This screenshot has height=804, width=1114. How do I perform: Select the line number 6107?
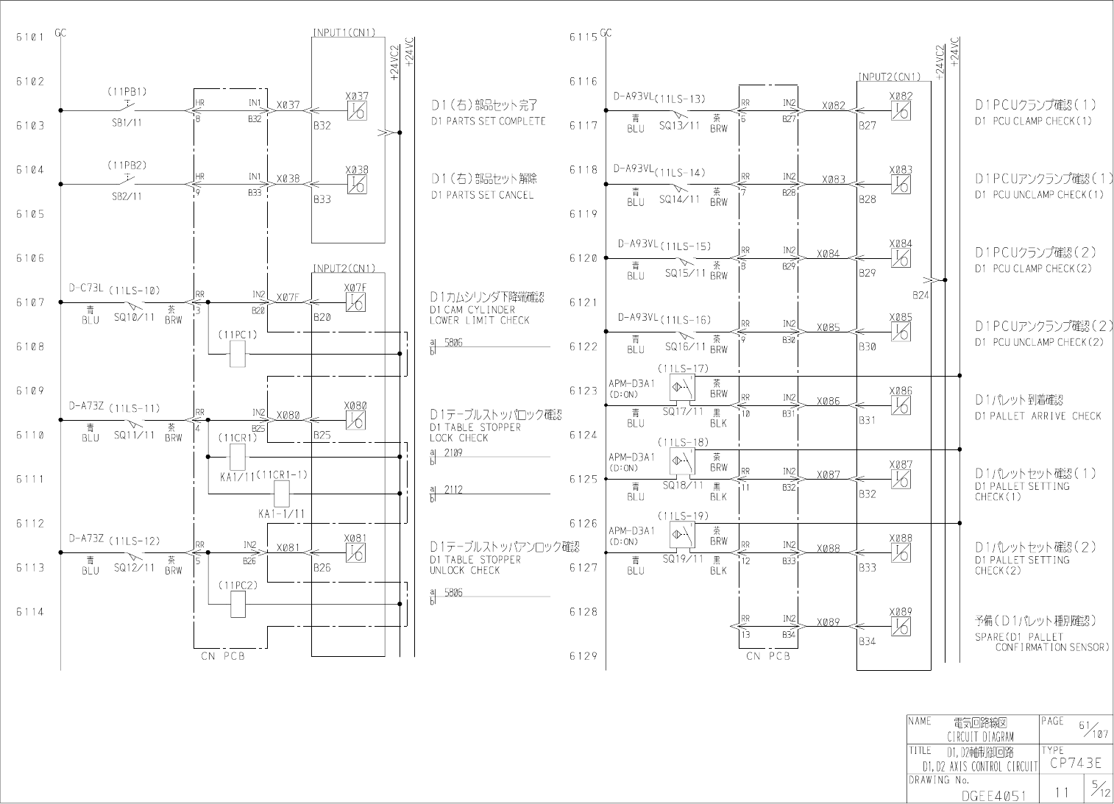(x=30, y=302)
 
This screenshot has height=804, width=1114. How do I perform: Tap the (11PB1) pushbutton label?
(x=127, y=92)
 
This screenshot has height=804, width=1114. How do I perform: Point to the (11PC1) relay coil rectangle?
(x=238, y=354)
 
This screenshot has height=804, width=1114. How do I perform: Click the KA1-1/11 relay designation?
(x=282, y=513)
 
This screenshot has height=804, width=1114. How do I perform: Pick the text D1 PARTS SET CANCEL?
(x=482, y=195)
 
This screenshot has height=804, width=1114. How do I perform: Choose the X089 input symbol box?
(x=900, y=626)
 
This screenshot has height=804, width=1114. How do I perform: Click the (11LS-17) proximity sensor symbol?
(x=682, y=387)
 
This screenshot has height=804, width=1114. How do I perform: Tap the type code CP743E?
(x=1075, y=764)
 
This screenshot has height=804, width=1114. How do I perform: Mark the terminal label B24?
(x=920, y=295)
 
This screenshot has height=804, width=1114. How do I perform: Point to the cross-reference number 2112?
(x=453, y=489)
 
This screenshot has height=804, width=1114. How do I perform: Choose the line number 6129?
(x=583, y=655)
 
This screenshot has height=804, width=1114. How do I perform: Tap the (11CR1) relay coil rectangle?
(x=238, y=457)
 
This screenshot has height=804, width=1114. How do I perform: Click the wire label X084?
(x=828, y=254)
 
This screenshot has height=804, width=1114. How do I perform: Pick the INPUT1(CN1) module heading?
(x=344, y=32)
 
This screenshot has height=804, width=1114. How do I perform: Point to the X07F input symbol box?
(x=355, y=302)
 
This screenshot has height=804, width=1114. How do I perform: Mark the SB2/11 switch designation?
(x=127, y=196)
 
